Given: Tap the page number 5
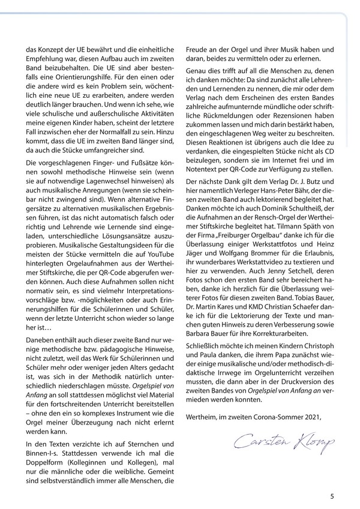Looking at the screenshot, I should (332, 496).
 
